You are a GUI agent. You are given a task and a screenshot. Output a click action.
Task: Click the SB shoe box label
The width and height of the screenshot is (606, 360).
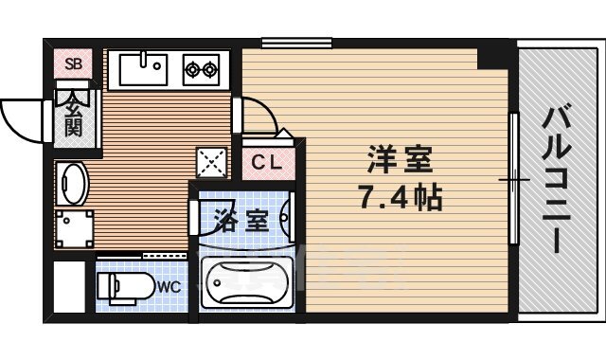[x=72, y=64]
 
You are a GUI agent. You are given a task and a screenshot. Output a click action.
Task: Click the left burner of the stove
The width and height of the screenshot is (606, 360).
[x=191, y=68]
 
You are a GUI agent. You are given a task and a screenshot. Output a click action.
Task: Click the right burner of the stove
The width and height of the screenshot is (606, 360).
[x=210, y=68]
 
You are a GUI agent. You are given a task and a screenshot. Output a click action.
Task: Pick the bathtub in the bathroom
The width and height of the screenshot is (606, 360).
[x=243, y=284]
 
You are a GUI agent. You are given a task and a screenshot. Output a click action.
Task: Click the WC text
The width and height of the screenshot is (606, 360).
[x=169, y=285]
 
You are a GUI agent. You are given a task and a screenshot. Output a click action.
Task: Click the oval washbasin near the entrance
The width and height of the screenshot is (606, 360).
[x=73, y=184]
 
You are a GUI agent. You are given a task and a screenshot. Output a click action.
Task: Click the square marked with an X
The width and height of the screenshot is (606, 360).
[x=210, y=163]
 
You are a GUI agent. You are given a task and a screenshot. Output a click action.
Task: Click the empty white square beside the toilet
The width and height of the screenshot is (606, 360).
[x=71, y=284]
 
